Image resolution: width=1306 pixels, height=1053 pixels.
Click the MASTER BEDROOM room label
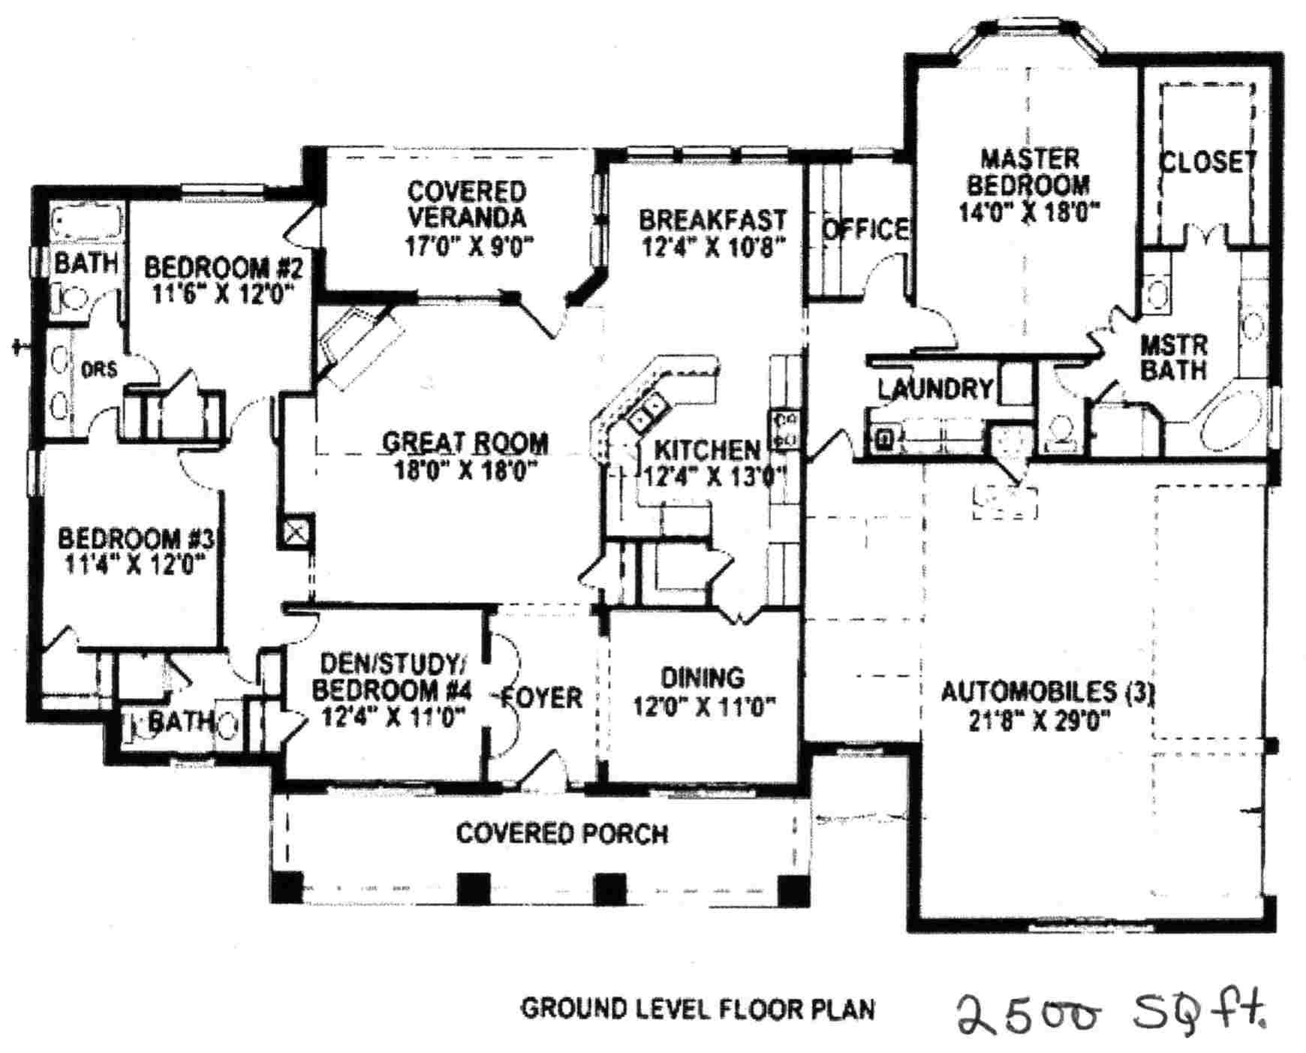1029,172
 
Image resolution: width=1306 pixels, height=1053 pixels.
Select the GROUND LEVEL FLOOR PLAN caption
698,1009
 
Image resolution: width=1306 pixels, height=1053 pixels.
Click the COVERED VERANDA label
466,204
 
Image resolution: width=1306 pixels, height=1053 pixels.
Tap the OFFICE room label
865,229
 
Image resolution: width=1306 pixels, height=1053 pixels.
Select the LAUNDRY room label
935,389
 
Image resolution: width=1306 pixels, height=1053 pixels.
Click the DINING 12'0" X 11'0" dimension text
703,706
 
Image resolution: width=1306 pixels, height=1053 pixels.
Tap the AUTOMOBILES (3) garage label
1046,691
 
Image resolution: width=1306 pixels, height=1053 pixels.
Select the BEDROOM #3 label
136,538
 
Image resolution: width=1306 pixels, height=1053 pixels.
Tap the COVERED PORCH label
561,833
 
